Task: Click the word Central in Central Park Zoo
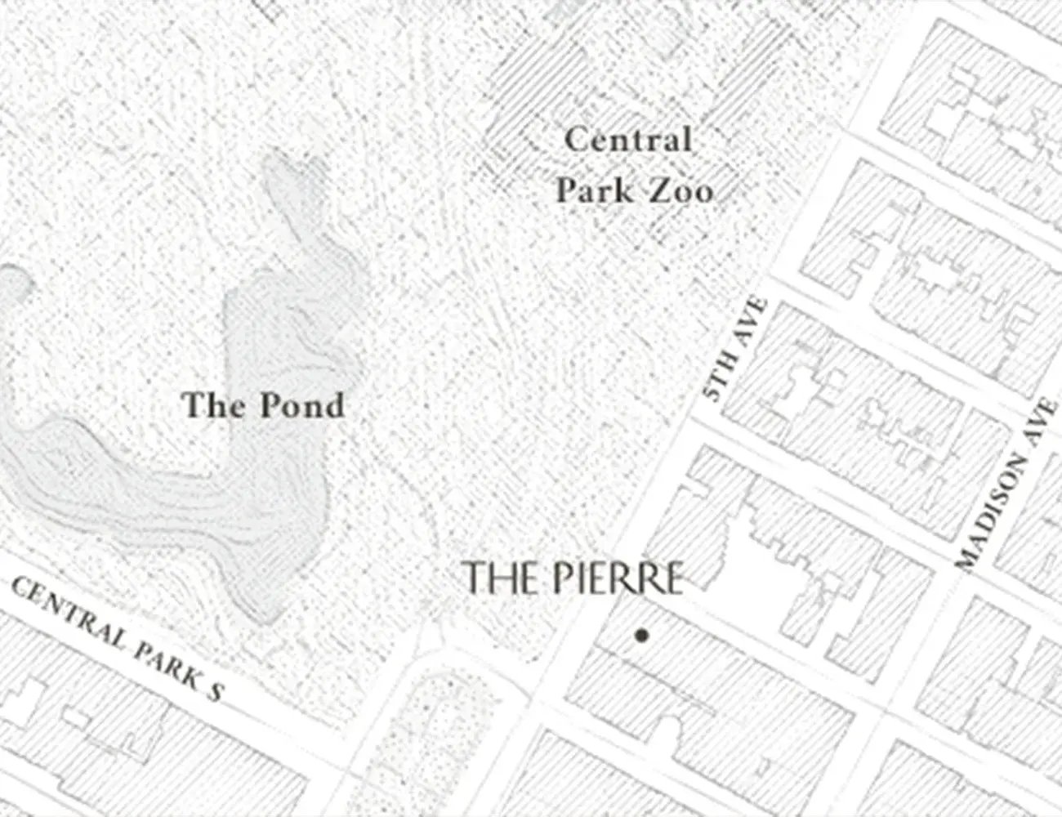(627, 140)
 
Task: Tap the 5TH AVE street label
(734, 349)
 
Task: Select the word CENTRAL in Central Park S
(61, 610)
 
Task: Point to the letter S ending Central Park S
(214, 691)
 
